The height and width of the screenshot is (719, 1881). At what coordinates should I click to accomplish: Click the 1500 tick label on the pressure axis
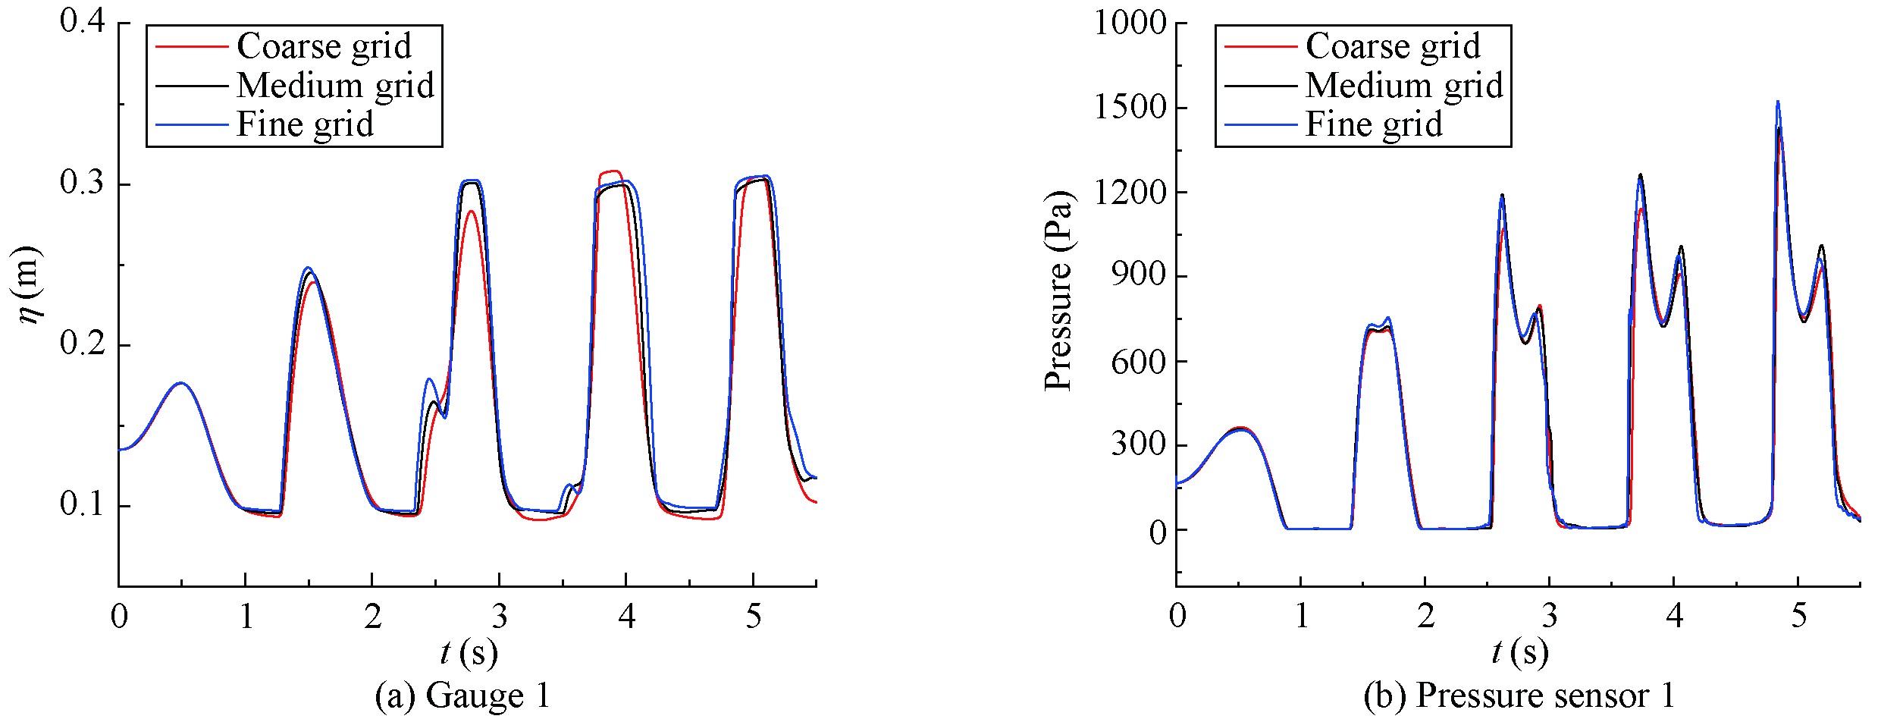tap(1129, 108)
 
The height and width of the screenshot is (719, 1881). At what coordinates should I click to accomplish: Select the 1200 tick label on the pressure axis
tap(1129, 193)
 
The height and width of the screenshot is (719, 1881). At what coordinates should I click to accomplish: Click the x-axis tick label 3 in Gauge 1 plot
tap(499, 617)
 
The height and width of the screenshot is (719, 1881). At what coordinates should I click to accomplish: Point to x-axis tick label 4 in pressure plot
tap(1675, 617)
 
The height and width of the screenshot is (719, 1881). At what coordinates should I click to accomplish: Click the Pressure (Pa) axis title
tap(1058, 292)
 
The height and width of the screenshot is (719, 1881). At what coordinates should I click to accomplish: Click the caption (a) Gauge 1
tap(462, 696)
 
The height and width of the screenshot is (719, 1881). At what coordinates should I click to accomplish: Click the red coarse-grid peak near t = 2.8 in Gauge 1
tap(472, 212)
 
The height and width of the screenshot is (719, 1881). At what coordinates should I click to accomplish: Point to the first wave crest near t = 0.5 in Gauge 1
tap(181, 383)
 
